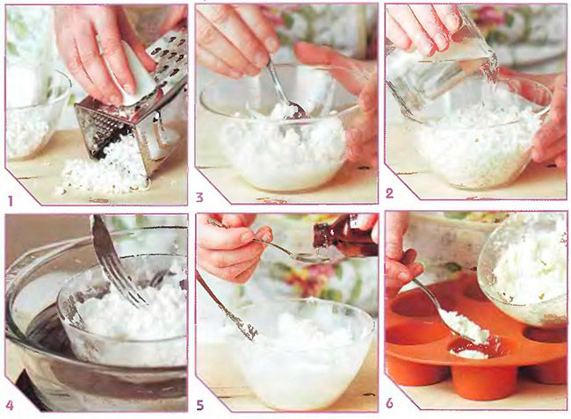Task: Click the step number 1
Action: click(x=11, y=201)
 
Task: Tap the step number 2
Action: click(x=389, y=193)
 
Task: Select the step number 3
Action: click(x=199, y=198)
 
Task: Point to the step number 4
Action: click(x=10, y=405)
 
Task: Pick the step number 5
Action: click(x=200, y=405)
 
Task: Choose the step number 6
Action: click(x=390, y=403)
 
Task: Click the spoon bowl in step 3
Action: click(x=294, y=111)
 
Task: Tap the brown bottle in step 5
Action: click(x=346, y=236)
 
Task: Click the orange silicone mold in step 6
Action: click(x=473, y=343)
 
